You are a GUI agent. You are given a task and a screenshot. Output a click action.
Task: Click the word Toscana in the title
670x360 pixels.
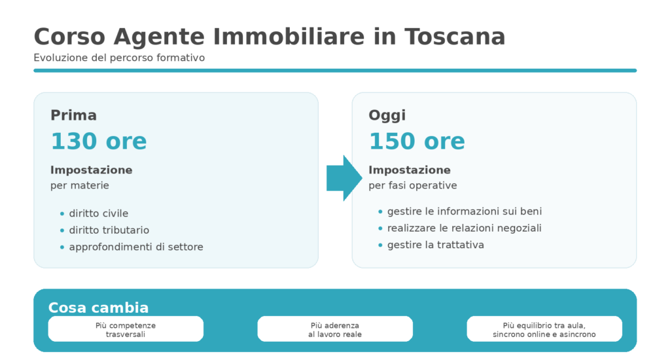(455, 37)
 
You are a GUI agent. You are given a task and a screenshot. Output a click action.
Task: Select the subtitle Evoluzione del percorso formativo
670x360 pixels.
(119, 58)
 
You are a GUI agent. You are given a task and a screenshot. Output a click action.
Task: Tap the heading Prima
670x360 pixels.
(73, 115)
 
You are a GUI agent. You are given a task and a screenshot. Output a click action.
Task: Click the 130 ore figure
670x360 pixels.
(99, 141)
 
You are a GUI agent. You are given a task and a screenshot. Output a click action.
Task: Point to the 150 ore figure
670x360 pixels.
(417, 141)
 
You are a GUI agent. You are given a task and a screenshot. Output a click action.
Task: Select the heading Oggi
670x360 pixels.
(387, 115)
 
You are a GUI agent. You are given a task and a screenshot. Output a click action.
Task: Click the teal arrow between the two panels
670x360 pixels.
(344, 178)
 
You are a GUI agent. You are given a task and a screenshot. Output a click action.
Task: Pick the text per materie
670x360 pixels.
(79, 185)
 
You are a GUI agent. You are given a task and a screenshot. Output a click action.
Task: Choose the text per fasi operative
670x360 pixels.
(412, 185)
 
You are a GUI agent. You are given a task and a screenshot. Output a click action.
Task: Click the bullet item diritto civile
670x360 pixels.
(98, 213)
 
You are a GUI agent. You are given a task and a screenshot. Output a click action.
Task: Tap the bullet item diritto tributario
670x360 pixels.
(109, 230)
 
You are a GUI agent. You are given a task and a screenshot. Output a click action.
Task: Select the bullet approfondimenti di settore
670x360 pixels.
(135, 247)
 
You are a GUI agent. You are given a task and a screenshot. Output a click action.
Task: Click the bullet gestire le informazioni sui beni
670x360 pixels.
(464, 211)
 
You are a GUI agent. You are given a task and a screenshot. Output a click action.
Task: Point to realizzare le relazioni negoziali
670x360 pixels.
(464, 228)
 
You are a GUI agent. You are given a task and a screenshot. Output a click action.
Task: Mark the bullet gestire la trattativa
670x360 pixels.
(435, 245)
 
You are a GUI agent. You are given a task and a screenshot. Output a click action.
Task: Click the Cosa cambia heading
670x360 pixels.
(98, 308)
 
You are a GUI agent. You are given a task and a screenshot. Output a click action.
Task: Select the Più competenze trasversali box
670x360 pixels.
(126, 329)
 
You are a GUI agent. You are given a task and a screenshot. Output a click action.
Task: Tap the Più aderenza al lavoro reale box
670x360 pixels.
(335, 329)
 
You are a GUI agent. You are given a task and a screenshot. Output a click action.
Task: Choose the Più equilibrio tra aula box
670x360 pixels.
(544, 329)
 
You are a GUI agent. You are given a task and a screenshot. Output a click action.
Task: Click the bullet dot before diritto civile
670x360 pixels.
(62, 214)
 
